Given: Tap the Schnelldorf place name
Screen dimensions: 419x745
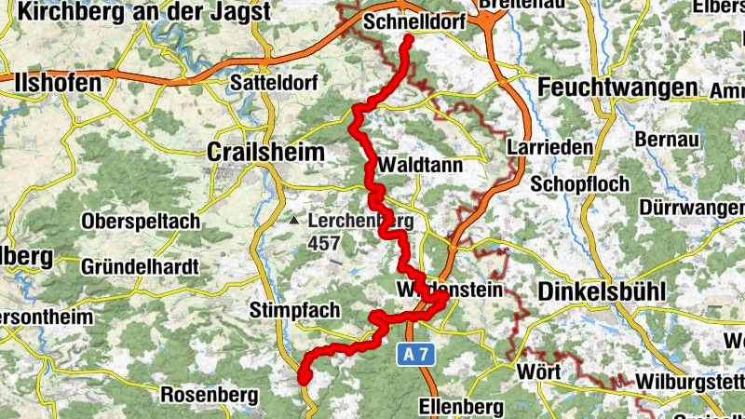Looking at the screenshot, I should pyautogui.click(x=414, y=21).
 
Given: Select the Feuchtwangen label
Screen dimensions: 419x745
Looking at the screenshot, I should pyautogui.click(x=617, y=88).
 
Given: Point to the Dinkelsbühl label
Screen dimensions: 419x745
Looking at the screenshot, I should pyautogui.click(x=602, y=291).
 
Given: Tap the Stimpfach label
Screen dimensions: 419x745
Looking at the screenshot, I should pyautogui.click(x=295, y=310).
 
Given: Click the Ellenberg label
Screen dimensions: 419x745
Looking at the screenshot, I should pyautogui.click(x=462, y=407).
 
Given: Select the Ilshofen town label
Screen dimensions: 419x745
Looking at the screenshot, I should pyautogui.click(x=58, y=83).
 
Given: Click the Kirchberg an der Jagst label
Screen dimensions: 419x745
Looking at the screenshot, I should pyautogui.click(x=143, y=12).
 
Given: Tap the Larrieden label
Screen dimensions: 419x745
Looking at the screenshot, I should pyautogui.click(x=537, y=148).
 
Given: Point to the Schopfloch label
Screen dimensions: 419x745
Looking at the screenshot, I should pyautogui.click(x=577, y=182).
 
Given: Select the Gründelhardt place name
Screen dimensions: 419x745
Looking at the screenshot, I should pyautogui.click(x=140, y=267).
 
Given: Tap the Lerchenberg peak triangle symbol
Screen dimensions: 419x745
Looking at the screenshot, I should pyautogui.click(x=294, y=222).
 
